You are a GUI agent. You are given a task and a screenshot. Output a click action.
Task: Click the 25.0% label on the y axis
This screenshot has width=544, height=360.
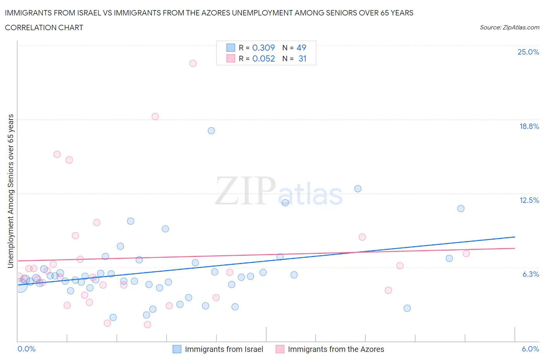(x=528, y=52)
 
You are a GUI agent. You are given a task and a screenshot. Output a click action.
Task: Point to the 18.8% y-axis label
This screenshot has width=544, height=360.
(x=529, y=126)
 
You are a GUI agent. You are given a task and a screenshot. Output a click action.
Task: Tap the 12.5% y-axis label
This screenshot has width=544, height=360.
(x=529, y=200)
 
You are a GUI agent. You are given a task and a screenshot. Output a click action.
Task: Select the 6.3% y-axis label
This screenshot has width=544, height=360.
(x=530, y=274)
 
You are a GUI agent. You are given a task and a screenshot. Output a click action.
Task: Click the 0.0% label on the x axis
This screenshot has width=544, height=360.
(x=26, y=349)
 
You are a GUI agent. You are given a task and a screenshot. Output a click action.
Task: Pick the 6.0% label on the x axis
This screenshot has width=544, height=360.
(x=530, y=349)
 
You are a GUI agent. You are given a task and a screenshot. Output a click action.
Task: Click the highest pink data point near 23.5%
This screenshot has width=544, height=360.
(x=193, y=63)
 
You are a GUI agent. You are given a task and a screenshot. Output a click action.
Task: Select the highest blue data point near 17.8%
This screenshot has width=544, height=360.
(x=211, y=130)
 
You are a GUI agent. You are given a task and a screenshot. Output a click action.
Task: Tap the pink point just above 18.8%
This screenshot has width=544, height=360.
(x=155, y=117)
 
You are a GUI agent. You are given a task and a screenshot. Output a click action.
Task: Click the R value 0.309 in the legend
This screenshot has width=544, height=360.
(x=263, y=48)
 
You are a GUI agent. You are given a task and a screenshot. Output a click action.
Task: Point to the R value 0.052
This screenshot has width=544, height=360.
(x=263, y=58)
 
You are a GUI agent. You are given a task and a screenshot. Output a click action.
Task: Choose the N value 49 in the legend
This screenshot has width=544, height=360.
(x=301, y=48)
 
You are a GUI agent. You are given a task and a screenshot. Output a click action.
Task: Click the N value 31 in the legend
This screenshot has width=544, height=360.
(x=302, y=58)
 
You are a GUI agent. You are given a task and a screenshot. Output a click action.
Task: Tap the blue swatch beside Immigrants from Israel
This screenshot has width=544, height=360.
(x=177, y=349)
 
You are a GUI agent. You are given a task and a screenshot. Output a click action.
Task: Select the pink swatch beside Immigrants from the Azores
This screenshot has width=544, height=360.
(x=280, y=349)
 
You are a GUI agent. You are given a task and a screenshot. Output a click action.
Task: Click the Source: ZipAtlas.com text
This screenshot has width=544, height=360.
(x=509, y=27)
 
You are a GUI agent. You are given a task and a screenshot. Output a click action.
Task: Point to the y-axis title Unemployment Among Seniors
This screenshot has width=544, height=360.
(x=11, y=191)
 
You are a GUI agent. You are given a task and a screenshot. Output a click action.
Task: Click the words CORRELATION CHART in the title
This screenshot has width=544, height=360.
(x=44, y=27)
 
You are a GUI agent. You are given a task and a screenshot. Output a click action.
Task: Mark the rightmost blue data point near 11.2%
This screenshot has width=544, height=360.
(x=461, y=208)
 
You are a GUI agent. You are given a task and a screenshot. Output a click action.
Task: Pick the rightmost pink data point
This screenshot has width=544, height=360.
(x=466, y=254)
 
